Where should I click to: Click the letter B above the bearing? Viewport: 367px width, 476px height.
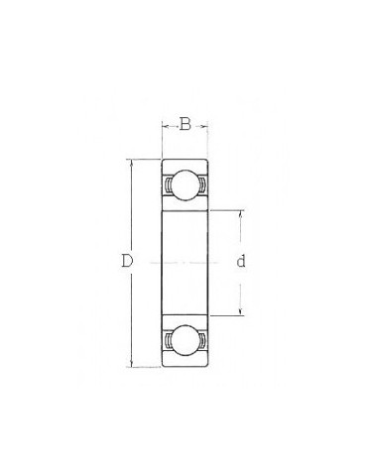(185, 124)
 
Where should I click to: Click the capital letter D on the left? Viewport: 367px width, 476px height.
(127, 261)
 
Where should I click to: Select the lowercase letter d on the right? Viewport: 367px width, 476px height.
(241, 261)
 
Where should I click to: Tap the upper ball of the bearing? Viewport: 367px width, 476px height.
(184, 185)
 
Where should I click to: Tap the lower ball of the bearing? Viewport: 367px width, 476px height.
(184, 340)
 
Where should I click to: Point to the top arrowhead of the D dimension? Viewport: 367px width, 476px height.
(132, 164)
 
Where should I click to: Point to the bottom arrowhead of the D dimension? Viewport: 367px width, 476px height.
(132, 363)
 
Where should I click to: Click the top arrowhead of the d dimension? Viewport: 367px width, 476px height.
(241, 214)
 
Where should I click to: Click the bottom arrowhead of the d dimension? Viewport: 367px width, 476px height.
(241, 311)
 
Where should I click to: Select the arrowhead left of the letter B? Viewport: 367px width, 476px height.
(166, 126)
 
